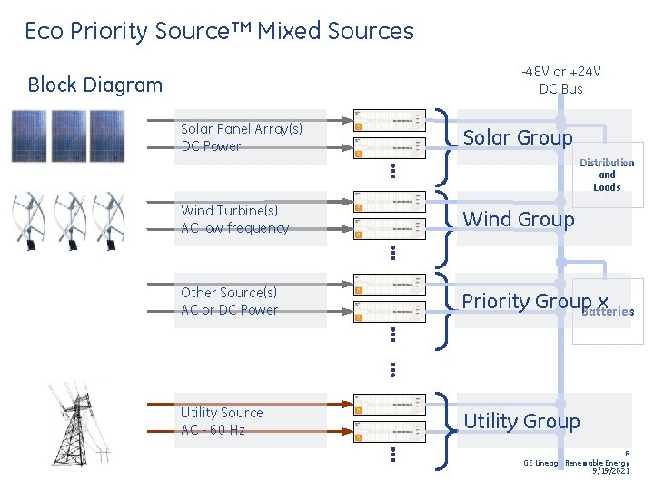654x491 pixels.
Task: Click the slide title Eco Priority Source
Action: click(219, 31)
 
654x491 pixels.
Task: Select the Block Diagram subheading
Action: click(95, 85)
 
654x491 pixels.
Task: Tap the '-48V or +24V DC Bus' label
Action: click(560, 80)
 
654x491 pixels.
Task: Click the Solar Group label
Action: click(518, 137)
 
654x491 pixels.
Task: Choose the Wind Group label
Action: click(519, 219)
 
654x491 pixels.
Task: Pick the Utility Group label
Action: click(521, 421)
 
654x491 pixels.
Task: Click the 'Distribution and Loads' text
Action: click(607, 175)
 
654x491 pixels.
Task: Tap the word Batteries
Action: click(607, 311)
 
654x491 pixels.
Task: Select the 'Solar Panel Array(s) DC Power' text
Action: click(241, 137)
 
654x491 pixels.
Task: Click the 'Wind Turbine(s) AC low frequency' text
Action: click(234, 219)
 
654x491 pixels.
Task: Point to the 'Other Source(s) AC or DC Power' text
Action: click(229, 301)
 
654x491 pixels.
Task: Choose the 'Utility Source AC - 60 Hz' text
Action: click(221, 421)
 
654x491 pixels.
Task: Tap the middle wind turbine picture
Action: click(70, 218)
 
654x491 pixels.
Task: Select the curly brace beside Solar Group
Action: click(445, 137)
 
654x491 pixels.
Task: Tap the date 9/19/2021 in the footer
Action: click(610, 471)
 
